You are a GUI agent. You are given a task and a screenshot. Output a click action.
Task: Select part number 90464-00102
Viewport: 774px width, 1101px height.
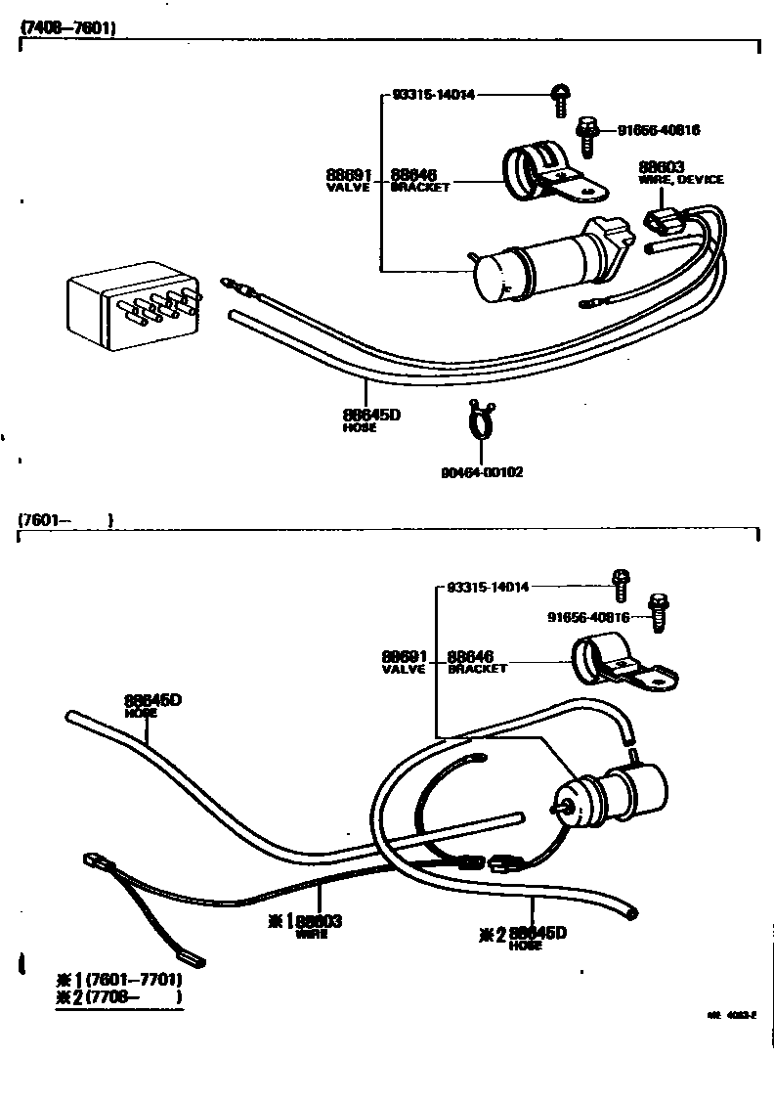(482, 472)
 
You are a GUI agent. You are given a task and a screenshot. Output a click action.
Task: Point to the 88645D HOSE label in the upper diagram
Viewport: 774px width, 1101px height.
(371, 418)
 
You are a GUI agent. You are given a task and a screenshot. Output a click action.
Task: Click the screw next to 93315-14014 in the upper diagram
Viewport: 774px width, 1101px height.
(561, 98)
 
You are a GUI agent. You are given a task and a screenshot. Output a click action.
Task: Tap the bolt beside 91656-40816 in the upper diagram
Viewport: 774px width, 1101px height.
(588, 135)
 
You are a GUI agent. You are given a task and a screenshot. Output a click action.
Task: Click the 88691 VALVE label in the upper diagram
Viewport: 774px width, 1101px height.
(349, 179)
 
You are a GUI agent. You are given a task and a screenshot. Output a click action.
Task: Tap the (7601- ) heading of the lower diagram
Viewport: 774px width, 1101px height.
(65, 521)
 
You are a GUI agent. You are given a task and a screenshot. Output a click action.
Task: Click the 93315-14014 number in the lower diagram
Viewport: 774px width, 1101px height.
(488, 588)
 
